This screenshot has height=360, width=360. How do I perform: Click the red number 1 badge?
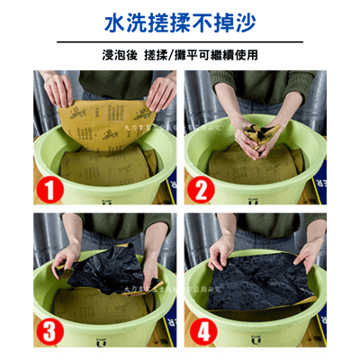click(49, 189)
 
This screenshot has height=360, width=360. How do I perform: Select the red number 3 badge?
click(49, 329)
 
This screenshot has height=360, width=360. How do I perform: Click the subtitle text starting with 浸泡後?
click(180, 54)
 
